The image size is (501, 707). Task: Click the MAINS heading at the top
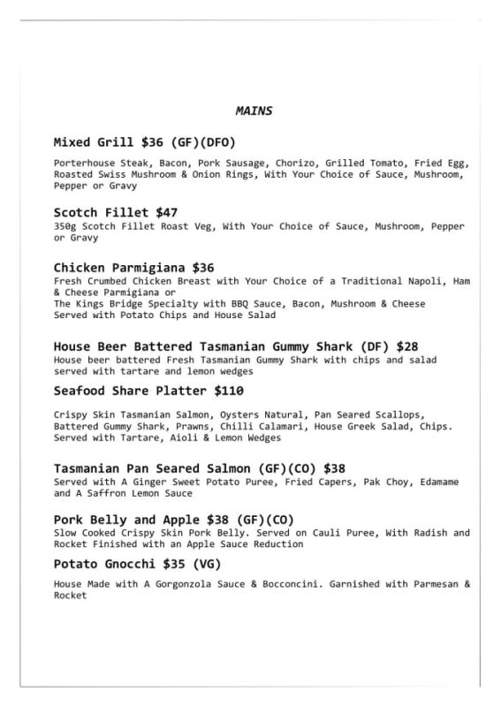click(x=253, y=111)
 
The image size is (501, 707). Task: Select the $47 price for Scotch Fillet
click(x=166, y=213)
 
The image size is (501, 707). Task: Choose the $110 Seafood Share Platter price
click(x=226, y=391)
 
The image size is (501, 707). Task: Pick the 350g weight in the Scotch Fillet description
click(x=66, y=227)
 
